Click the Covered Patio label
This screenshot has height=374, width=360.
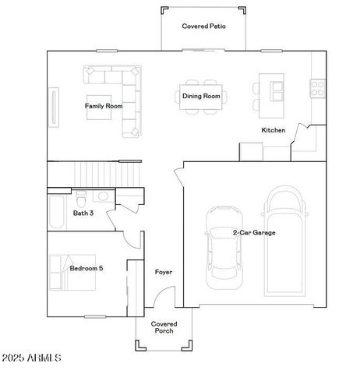click(204, 26)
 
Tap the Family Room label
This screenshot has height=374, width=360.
click(104, 105)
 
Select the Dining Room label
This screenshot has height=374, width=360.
click(202, 97)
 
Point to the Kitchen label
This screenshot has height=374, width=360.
click(273, 130)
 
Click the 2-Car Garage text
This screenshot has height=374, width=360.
click(254, 232)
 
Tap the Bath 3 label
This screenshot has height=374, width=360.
click(83, 212)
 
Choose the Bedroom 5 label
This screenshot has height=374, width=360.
click(86, 268)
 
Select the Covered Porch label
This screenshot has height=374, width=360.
click(164, 327)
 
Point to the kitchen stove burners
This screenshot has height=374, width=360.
click(317, 88)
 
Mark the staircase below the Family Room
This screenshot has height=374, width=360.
click(94, 173)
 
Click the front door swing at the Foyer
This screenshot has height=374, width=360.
click(164, 299)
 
